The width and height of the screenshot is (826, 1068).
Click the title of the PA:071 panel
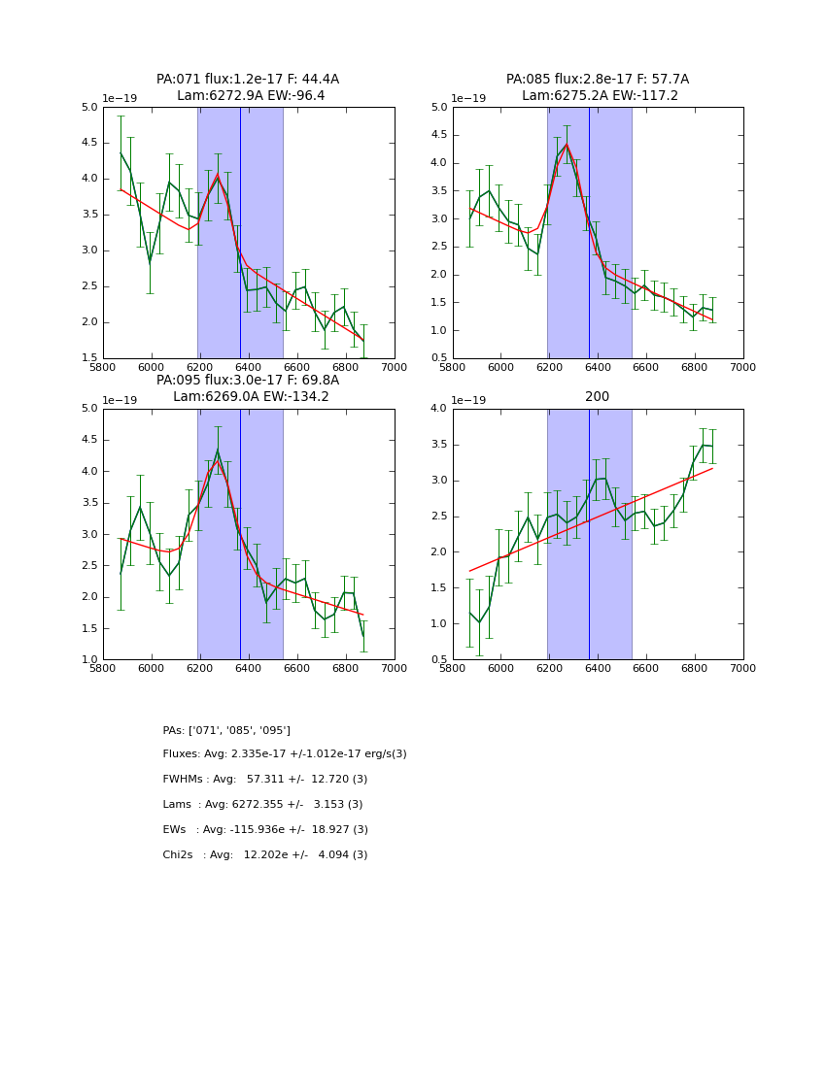pyautogui.click(x=248, y=87)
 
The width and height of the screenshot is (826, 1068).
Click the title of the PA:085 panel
pyautogui.click(x=598, y=87)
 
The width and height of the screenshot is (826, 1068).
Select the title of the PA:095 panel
pyautogui.click(x=248, y=388)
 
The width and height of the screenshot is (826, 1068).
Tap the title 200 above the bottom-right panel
pyautogui.click(x=598, y=397)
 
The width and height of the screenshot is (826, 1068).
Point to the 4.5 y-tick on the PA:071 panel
pyautogui.click(x=88, y=143)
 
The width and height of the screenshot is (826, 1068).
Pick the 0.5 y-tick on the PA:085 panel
pyautogui.click(x=438, y=358)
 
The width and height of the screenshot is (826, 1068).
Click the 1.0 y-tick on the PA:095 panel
pyautogui.click(x=88, y=659)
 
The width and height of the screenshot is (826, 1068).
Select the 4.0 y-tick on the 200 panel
pyautogui.click(x=438, y=409)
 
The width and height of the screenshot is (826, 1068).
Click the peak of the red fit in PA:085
pyautogui.click(x=567, y=145)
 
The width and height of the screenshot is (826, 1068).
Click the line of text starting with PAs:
pyautogui.click(x=226, y=730)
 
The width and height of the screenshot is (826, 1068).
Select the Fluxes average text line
pyautogui.click(x=285, y=754)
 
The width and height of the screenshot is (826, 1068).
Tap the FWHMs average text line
pyautogui.click(x=265, y=780)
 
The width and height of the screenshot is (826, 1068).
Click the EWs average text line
pyautogui.click(x=265, y=830)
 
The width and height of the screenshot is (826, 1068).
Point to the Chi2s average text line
pyautogui.click(x=265, y=855)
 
